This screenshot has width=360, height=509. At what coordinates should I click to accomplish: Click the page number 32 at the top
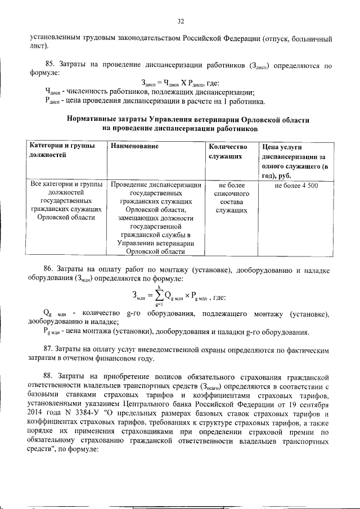coord(181,21)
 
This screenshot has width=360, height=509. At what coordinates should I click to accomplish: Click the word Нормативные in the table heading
coord(96,120)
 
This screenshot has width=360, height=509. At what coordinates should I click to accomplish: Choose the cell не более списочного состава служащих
coord(224,197)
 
